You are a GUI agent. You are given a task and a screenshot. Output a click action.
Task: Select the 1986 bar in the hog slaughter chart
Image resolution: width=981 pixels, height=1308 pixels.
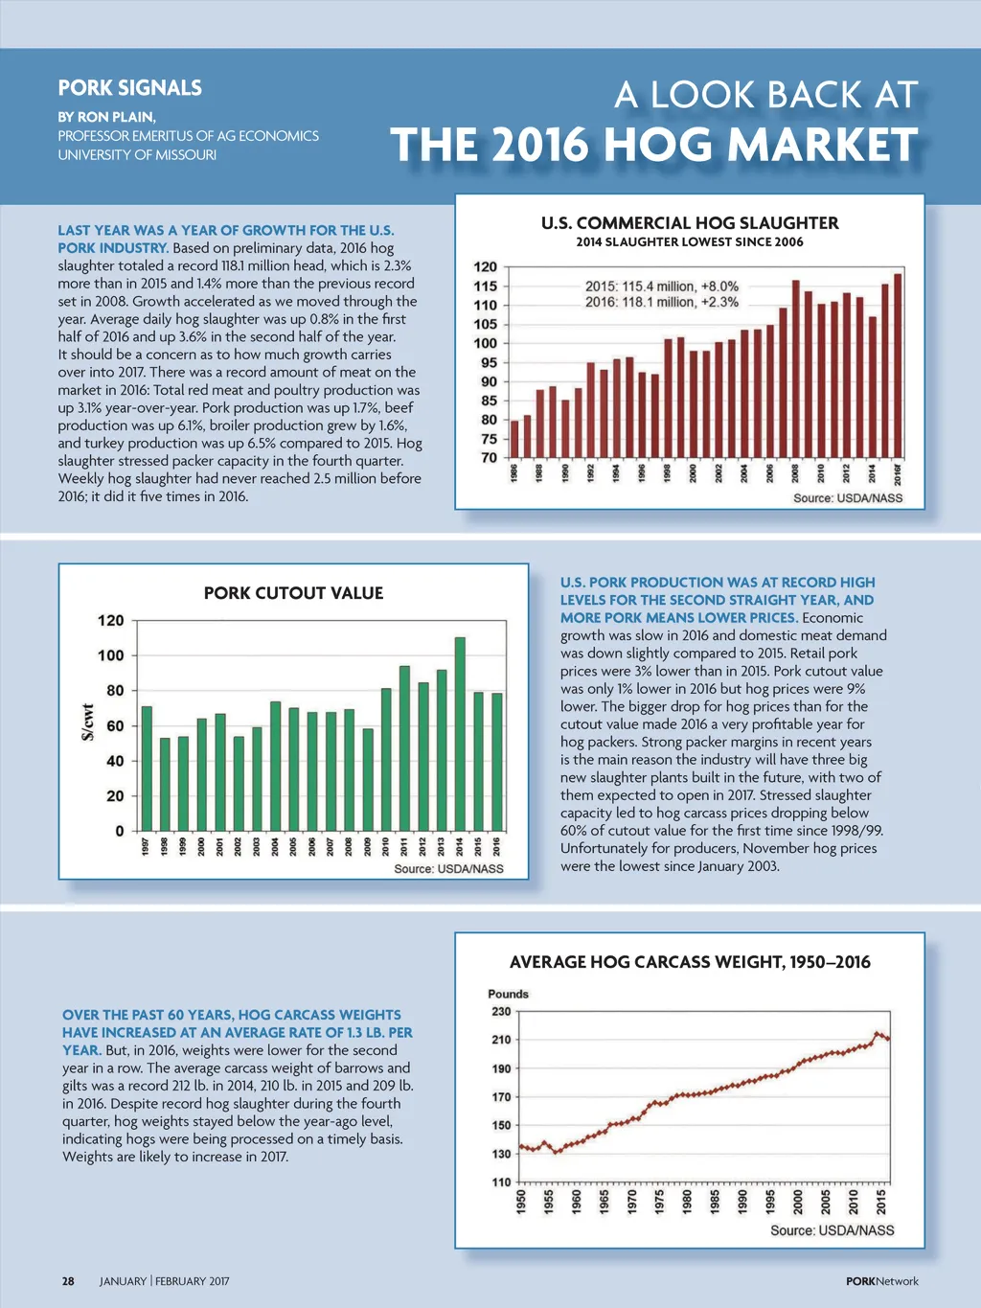[514, 439]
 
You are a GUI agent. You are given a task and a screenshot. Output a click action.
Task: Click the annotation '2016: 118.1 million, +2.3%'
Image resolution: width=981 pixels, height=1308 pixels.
[662, 302]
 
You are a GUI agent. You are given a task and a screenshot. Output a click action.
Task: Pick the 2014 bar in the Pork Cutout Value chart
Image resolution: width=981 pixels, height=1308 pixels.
[460, 734]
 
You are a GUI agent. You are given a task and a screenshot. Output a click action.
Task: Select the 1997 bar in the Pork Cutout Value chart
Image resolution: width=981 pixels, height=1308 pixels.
[147, 769]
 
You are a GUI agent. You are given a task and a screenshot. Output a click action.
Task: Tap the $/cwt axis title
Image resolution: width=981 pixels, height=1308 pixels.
[87, 722]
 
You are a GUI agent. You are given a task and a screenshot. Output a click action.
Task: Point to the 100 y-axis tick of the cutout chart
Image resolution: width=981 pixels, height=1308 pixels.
[111, 655]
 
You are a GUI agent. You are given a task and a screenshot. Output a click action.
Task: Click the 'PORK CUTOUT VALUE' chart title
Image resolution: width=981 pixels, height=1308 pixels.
[293, 593]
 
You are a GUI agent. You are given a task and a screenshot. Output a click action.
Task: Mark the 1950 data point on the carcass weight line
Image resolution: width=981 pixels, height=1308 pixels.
[521, 1146]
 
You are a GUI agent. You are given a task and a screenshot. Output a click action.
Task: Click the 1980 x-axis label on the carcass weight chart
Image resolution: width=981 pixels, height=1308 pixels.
[687, 1202]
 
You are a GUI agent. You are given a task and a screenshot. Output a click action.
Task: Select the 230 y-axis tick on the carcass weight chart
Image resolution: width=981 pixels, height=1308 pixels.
[501, 1011]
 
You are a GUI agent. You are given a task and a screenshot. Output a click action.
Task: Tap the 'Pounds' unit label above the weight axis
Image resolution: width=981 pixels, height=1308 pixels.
[508, 994]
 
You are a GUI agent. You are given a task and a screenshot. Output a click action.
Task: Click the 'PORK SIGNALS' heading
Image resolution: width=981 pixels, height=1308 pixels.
[130, 88]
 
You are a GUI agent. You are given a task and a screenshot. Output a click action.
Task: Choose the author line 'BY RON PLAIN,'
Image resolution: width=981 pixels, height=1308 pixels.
[106, 117]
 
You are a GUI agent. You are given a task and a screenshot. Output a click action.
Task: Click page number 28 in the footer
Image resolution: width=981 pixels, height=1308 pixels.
[68, 1281]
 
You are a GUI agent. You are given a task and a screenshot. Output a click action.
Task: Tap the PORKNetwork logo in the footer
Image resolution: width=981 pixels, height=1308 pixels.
[881, 1281]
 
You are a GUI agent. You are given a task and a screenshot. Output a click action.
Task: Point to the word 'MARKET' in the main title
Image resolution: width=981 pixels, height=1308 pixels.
[822, 146]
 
